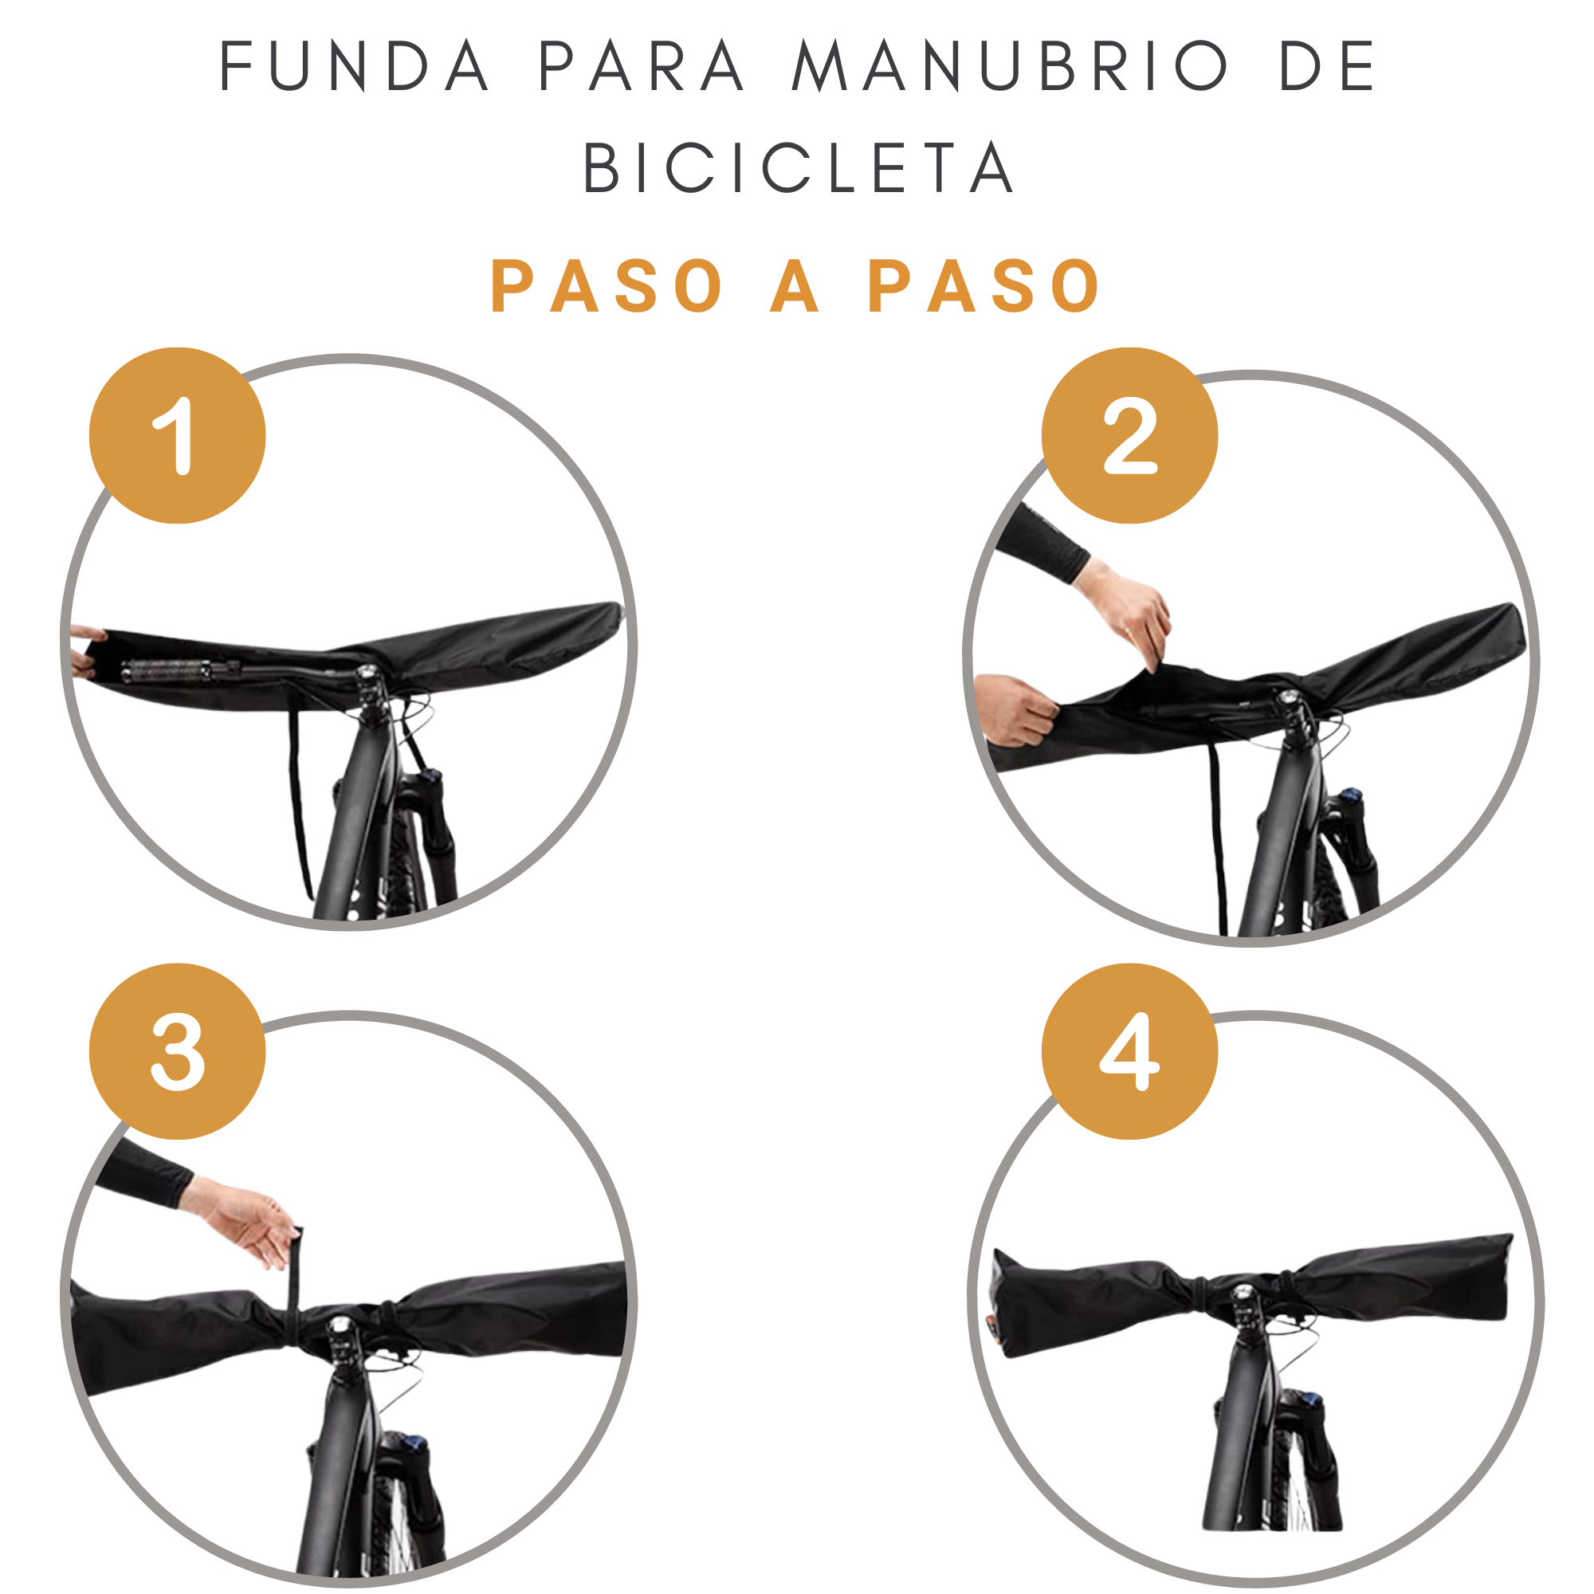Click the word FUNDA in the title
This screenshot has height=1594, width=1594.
click(354, 66)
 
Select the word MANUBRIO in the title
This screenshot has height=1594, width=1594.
click(1009, 66)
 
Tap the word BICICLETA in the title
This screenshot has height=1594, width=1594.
click(797, 167)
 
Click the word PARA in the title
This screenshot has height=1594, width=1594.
click(641, 66)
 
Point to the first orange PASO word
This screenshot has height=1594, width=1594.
click(607, 285)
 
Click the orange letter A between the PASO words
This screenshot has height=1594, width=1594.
click(795, 285)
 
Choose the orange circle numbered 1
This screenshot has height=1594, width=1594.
click(178, 436)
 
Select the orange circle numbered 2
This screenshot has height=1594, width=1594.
click(1129, 436)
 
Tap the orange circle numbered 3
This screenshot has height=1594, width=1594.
click(178, 1051)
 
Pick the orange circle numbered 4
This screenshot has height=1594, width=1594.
click(1129, 1051)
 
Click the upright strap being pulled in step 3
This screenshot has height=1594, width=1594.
click(295, 1270)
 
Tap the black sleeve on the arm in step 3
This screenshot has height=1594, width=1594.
click(144, 1172)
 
